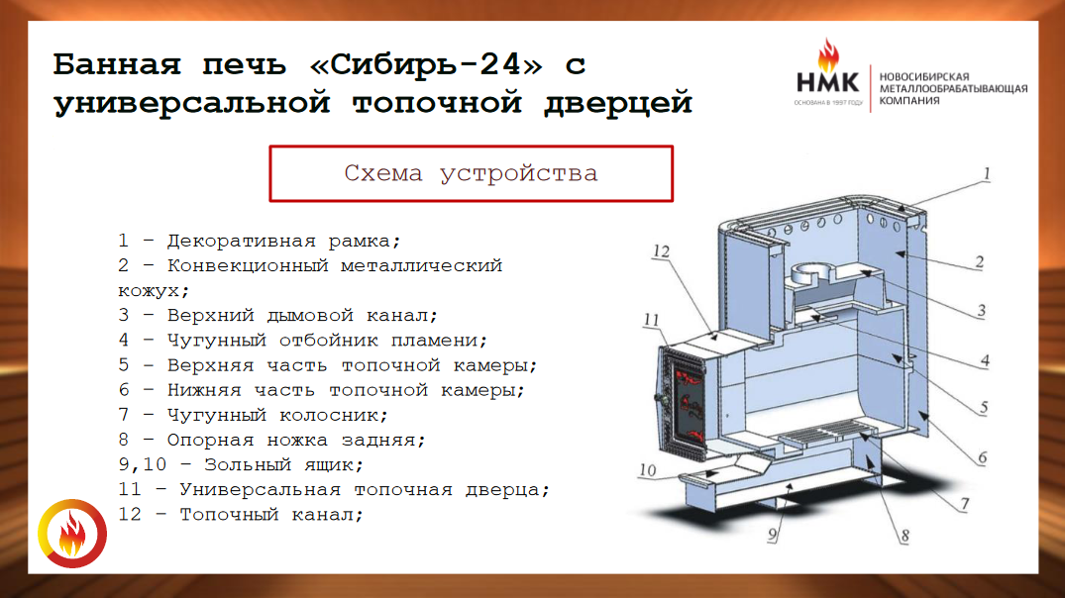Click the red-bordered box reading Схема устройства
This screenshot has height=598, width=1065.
coord(471,174)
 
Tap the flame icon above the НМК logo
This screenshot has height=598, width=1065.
coord(827,55)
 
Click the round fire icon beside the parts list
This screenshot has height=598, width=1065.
coord(72,534)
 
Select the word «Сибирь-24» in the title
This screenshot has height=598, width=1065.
coord(426,65)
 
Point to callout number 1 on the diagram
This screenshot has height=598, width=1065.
coord(987,174)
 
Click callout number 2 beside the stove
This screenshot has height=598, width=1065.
coord(979,261)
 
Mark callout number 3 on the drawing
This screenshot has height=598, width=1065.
coord(981,311)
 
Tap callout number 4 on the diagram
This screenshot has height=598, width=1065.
coord(984,360)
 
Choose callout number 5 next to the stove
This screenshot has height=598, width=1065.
coord(983,407)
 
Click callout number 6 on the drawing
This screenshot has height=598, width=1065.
coord(982,457)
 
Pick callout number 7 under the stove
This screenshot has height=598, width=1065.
coord(965,504)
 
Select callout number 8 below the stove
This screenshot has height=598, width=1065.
coord(905,536)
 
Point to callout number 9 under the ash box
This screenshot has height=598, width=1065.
coord(773,535)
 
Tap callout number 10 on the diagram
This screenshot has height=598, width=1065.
coord(647,469)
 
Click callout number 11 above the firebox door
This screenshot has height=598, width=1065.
coord(651,319)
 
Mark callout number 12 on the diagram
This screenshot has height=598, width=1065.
coord(661,251)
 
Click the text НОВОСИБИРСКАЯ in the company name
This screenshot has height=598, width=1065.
coord(924,76)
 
